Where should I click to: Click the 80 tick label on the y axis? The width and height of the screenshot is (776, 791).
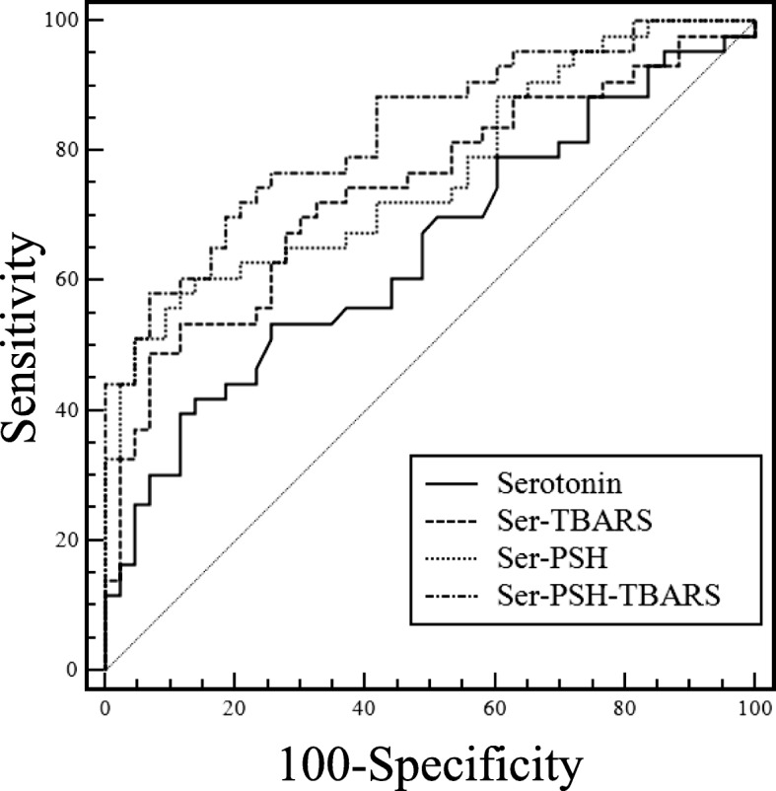click(x=73, y=150)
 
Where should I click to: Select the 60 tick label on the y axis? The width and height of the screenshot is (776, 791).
click(x=73, y=280)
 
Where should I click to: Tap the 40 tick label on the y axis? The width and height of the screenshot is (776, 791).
click(x=73, y=410)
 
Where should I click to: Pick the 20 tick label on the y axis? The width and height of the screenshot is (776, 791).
click(x=73, y=539)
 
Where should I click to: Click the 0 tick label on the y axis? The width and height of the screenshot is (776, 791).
click(x=79, y=670)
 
